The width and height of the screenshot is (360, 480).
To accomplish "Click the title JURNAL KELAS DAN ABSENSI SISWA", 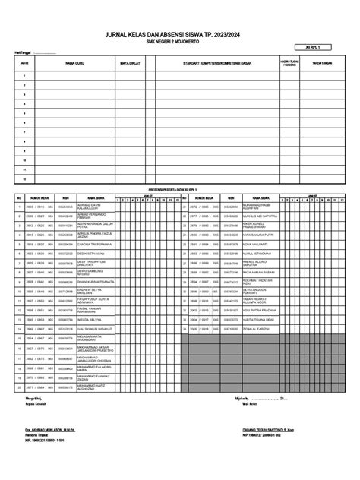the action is point(179,35).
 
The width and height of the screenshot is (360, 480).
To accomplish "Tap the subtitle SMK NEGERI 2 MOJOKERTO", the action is point(179,43).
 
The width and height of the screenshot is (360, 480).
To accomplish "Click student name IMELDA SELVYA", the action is point(88,320).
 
